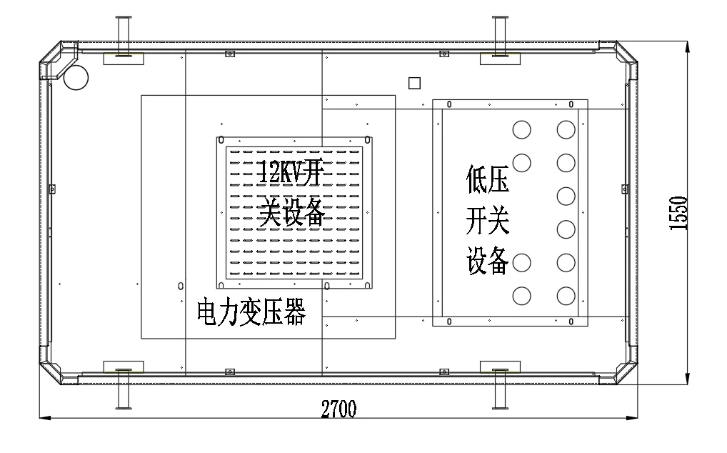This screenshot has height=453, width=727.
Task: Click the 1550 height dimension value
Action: click(x=679, y=213)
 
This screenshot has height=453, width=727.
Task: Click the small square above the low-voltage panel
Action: click(x=414, y=84)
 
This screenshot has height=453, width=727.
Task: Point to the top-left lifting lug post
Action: click(x=122, y=36)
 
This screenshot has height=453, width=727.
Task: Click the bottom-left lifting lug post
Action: click(x=122, y=389)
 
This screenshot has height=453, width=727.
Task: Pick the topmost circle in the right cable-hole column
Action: click(x=566, y=129)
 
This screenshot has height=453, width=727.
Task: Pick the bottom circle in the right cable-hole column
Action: click(x=566, y=295)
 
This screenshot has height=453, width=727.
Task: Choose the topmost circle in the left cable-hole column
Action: click(x=522, y=129)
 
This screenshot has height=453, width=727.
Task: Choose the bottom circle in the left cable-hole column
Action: click(x=522, y=295)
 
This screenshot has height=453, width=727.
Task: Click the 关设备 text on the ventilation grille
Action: click(x=292, y=214)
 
